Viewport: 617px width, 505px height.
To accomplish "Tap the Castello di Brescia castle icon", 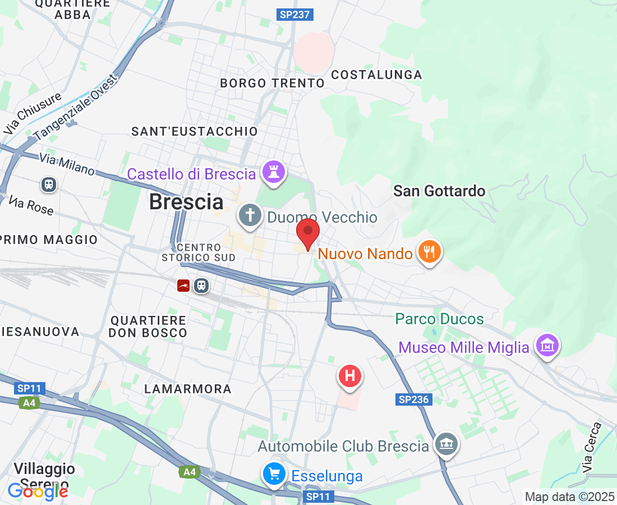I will click(274, 172).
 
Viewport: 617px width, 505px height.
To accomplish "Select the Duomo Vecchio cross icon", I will click(250, 215).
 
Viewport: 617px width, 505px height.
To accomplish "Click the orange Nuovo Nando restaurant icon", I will click(430, 252).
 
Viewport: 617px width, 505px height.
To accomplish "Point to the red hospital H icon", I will click(350, 375).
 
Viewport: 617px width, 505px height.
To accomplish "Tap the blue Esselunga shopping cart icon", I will click(274, 474).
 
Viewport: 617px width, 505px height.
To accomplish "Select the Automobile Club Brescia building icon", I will click(446, 445).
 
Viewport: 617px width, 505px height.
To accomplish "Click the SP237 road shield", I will click(294, 15).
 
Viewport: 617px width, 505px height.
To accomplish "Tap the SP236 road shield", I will click(414, 400).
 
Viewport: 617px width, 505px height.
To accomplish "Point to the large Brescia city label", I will click(186, 201).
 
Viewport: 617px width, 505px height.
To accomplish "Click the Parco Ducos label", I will click(439, 319).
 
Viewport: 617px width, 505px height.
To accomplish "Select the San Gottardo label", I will click(439, 191).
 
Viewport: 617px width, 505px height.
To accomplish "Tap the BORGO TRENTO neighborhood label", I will click(272, 83).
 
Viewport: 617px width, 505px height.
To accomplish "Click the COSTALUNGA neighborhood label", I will click(376, 75).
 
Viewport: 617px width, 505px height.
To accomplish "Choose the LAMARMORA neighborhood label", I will click(188, 389).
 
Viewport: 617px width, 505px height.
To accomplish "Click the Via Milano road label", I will click(67, 164).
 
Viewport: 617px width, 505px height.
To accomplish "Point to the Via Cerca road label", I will click(591, 447).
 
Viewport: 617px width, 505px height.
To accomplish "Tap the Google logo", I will click(38, 491).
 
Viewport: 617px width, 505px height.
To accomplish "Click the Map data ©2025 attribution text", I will click(569, 497).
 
